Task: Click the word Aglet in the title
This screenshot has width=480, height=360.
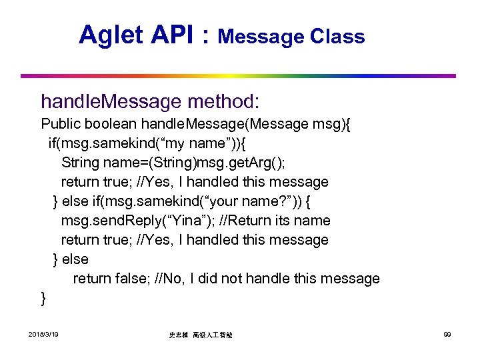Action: click(x=110, y=34)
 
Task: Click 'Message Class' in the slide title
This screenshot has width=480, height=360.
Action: click(x=291, y=37)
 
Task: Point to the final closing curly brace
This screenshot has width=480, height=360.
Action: click(x=44, y=298)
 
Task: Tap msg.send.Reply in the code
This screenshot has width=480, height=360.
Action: click(x=103, y=221)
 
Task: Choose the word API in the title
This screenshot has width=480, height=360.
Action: click(x=173, y=34)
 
